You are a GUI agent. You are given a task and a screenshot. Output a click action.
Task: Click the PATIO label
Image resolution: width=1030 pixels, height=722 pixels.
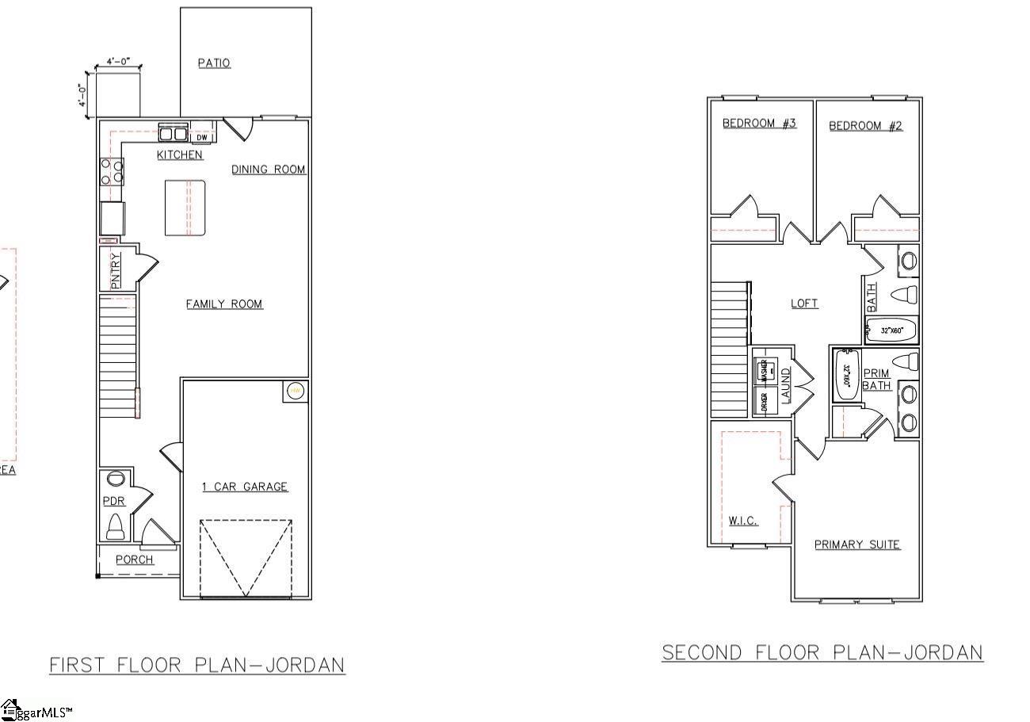[214, 63]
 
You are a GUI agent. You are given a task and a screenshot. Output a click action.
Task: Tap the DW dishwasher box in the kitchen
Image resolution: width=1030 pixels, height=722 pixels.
[202, 137]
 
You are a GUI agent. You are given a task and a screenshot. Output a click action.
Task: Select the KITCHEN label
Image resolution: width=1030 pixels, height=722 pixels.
[180, 155]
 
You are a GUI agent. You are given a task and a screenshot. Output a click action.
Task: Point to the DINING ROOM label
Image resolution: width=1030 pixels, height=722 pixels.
[269, 169]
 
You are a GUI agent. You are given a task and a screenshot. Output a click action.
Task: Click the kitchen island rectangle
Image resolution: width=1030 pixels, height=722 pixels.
[185, 208]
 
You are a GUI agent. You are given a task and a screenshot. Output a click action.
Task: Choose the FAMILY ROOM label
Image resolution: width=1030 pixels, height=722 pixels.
[224, 304]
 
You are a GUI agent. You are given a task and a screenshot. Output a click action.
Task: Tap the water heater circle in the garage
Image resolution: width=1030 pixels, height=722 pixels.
[295, 391]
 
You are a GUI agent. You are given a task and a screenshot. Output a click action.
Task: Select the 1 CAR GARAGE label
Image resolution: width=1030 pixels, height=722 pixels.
[245, 487]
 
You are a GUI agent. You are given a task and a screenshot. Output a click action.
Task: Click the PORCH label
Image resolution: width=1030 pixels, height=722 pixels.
[135, 560]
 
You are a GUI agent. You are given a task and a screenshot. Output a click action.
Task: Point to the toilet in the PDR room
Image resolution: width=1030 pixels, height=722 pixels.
[116, 525]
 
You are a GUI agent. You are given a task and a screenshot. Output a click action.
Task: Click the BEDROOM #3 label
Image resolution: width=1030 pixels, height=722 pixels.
[759, 124]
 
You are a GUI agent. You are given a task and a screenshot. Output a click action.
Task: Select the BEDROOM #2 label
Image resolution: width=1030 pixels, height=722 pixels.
[865, 125]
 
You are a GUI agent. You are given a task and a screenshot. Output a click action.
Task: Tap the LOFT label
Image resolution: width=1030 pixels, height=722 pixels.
[804, 303]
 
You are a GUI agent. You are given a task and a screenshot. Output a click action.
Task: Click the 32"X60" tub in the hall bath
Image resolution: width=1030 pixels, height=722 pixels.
[891, 330]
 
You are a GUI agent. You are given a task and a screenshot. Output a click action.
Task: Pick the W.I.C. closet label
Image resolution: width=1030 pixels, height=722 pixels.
[743, 521]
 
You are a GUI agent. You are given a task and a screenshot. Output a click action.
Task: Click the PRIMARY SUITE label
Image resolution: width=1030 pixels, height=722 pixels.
[857, 544]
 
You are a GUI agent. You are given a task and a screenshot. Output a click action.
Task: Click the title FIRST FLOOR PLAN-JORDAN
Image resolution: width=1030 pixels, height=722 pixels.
[197, 664]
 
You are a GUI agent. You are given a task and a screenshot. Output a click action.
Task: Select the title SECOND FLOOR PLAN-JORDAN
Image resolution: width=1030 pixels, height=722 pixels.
[822, 652]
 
